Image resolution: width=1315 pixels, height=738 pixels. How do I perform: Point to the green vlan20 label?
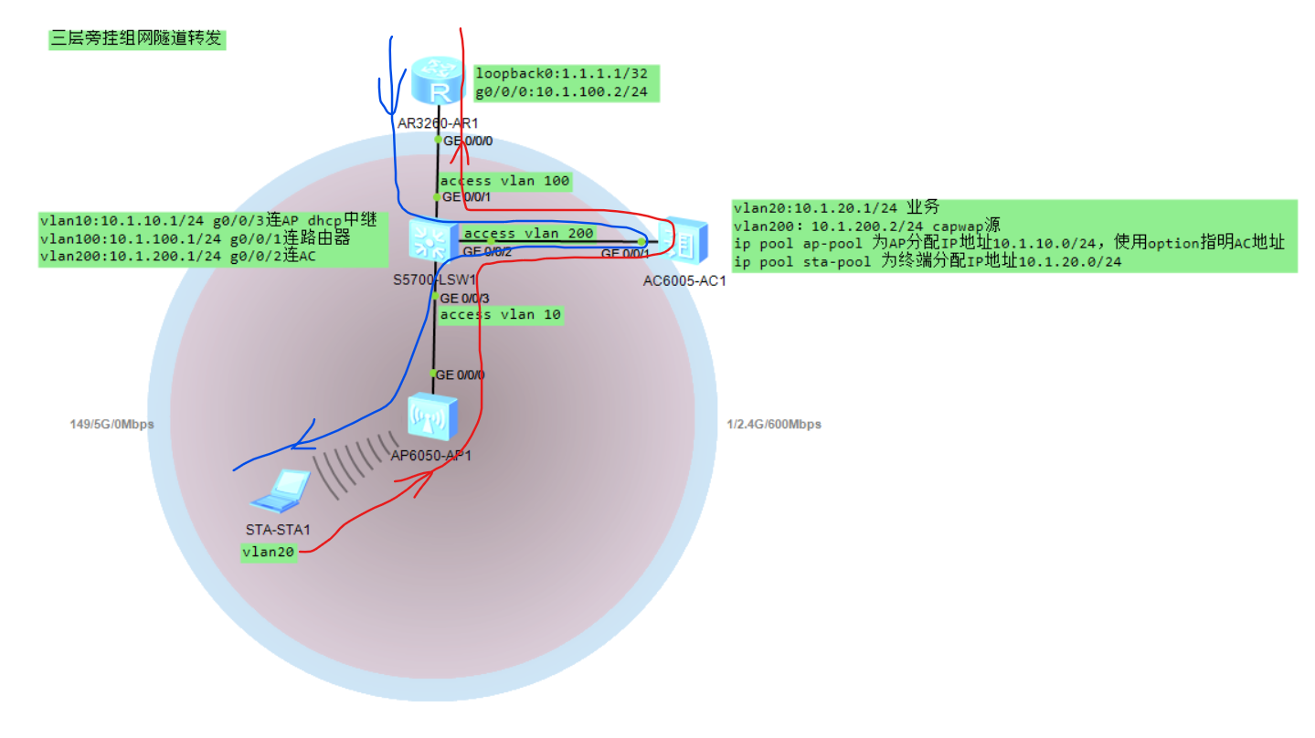[270, 552]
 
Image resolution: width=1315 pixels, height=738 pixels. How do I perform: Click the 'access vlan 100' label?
[505, 181]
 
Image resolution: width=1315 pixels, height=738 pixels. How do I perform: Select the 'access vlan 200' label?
[529, 233]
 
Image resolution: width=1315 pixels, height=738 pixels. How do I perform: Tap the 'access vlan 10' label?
[500, 314]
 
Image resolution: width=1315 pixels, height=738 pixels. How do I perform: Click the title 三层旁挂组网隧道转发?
[137, 39]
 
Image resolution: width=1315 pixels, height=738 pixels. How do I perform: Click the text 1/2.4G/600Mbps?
[773, 424]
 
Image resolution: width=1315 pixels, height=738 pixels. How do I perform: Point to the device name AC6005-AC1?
[684, 280]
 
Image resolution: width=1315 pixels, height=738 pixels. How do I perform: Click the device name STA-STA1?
[279, 530]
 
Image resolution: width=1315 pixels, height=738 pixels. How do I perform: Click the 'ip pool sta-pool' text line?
[928, 261]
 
